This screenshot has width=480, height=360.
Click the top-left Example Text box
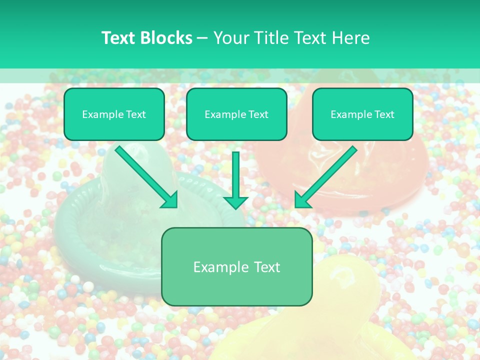tap(114, 114)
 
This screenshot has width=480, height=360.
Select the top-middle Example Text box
tap(236, 114)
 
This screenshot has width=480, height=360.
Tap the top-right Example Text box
tap(362, 114)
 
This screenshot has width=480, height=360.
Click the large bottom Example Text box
tap(236, 266)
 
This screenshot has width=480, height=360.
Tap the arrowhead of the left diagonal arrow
tap(170, 200)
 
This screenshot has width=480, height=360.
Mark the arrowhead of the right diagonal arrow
tap(302, 200)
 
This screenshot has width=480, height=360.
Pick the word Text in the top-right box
tap(384, 114)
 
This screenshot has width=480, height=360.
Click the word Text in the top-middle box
tap(258, 114)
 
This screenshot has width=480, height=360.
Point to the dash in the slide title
tap(202, 38)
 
